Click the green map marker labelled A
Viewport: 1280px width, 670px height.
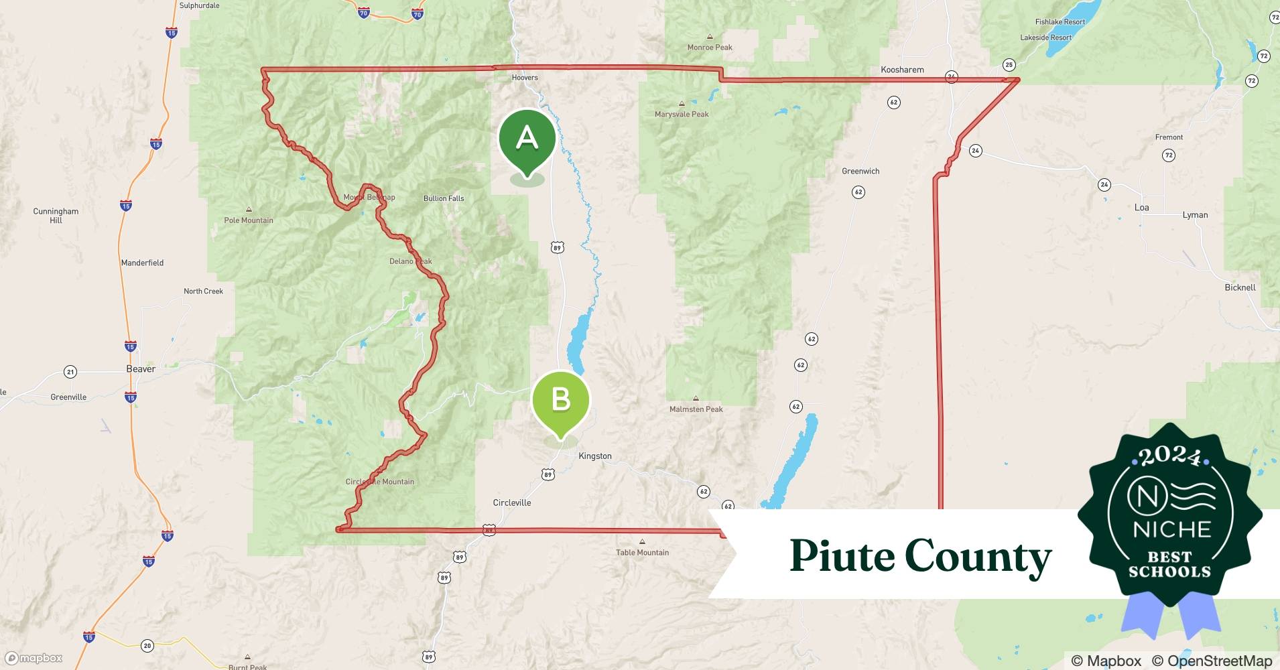click(x=527, y=139)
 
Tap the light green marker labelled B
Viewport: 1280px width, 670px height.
click(x=560, y=400)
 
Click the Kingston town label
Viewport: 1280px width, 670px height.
click(x=594, y=456)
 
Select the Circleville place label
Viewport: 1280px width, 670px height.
click(x=511, y=503)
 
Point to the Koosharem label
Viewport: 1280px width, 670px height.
click(x=902, y=70)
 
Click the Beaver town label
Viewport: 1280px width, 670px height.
click(x=141, y=369)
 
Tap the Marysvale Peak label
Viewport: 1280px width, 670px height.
click(x=682, y=114)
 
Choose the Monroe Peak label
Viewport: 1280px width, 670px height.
click(x=710, y=48)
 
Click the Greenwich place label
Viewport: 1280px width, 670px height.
click(x=860, y=172)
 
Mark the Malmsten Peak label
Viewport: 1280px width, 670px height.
click(x=696, y=409)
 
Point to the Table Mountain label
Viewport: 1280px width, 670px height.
click(x=642, y=553)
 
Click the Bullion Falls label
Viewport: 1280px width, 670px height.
click(x=444, y=198)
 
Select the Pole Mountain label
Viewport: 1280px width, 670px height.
click(x=249, y=220)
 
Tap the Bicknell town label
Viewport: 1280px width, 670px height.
click(x=1240, y=287)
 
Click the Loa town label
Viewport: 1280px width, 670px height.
click(x=1141, y=208)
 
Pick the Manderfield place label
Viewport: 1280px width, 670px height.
click(x=142, y=263)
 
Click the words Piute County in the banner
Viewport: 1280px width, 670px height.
click(x=920, y=556)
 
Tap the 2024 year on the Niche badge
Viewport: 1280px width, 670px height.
click(x=1169, y=457)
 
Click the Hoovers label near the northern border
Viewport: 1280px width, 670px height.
click(x=525, y=78)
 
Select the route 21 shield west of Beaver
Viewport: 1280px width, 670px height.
click(x=70, y=372)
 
